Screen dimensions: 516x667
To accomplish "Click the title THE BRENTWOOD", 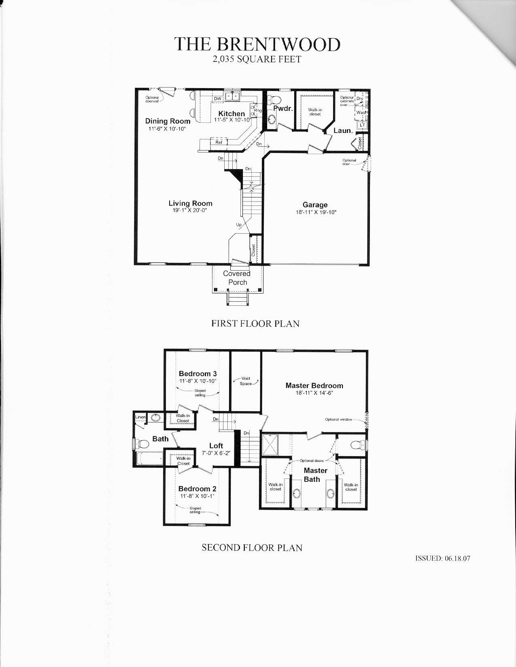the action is [257, 44].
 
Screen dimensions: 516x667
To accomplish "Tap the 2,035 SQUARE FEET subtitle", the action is [257, 59].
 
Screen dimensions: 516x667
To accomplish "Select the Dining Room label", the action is [168, 121].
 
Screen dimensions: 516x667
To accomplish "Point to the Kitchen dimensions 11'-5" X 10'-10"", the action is [232, 120].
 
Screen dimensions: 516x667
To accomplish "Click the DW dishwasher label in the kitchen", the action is [218, 99].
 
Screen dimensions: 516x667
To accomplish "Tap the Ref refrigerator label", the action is [219, 142].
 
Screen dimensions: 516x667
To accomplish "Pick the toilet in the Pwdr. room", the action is [274, 100].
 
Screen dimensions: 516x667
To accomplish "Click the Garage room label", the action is [315, 205].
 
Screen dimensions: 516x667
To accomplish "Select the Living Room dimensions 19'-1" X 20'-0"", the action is [190, 210].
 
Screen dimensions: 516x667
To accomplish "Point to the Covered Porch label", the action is [237, 278].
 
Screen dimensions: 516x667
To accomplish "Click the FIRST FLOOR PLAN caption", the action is [255, 324].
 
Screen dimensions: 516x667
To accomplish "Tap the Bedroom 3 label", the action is [197, 374].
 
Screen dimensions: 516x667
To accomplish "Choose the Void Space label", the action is [246, 381].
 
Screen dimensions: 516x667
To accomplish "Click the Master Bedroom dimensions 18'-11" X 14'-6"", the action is [314, 393].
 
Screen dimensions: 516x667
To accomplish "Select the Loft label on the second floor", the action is [216, 446].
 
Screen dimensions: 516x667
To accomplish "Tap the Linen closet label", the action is [140, 417].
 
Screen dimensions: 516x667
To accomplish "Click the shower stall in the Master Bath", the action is [270, 445].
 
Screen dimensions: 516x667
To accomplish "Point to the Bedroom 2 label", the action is [197, 489].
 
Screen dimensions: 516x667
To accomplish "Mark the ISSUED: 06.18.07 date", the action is [443, 558].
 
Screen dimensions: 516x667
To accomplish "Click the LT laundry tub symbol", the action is [362, 125].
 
